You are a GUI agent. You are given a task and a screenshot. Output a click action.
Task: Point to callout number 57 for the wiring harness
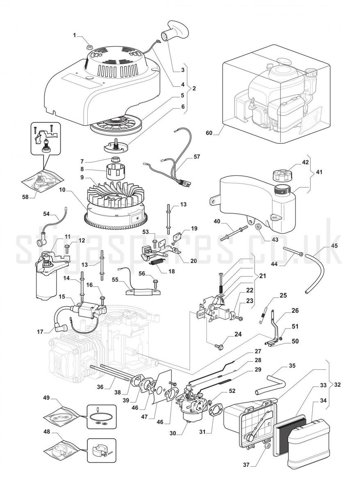197,157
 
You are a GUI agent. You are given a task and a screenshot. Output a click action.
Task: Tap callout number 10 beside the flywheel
62,190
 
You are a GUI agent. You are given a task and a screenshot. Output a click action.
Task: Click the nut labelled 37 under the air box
267,446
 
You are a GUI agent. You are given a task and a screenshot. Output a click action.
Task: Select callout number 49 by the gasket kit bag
46,397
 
